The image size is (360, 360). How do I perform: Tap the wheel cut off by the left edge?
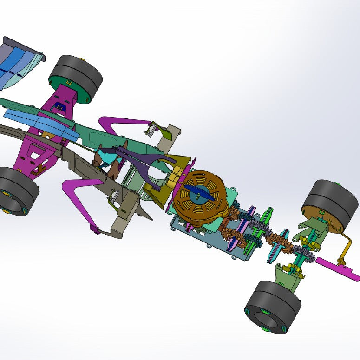tap(18, 191)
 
